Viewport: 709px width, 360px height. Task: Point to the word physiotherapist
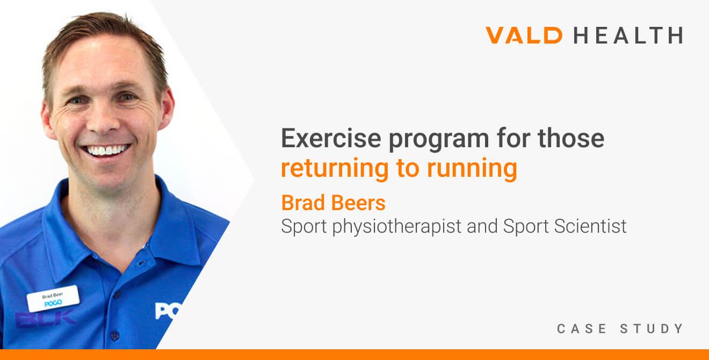click(x=396, y=227)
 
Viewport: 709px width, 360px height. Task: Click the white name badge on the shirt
click(x=53, y=299)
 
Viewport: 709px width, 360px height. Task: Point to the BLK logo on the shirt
click(x=45, y=318)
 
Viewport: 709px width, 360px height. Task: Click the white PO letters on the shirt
click(x=165, y=311)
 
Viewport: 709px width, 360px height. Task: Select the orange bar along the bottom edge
click(x=354, y=355)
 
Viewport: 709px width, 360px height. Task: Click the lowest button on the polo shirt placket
click(x=114, y=335)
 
